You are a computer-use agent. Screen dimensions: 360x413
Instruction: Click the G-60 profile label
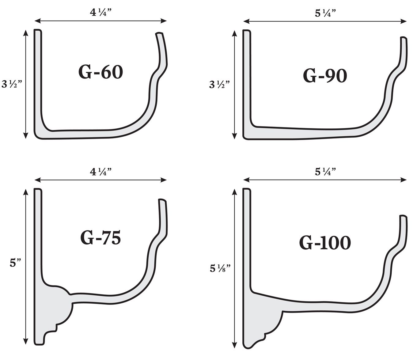pos(100,72)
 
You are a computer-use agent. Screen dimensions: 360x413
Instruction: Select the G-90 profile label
pos(325,76)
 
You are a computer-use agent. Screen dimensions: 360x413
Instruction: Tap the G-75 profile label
pos(100,238)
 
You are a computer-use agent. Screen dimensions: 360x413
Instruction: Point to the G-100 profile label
pos(325,243)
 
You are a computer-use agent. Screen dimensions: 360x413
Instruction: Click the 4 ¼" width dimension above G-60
pos(100,13)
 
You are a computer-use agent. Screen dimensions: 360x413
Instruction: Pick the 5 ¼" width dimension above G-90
pos(325,13)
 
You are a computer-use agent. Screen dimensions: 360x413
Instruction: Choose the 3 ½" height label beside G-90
pos(220,84)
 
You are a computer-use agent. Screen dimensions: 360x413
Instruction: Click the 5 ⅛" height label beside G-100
pos(220,269)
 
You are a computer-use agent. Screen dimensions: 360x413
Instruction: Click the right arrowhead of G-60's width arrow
pos(165,21)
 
